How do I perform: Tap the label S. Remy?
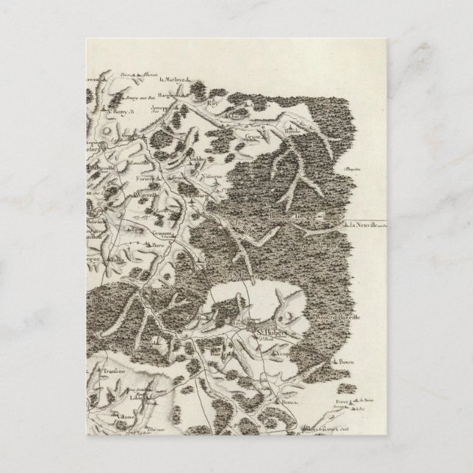(x=118, y=112)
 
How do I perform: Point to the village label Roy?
(x=214, y=104)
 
